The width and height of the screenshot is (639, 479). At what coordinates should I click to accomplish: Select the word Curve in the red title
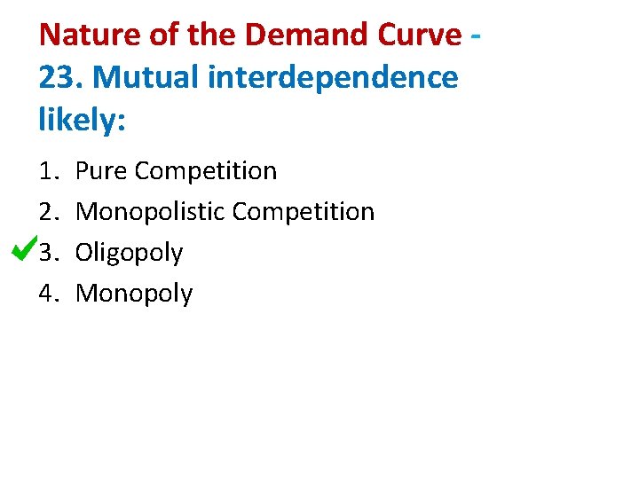[417, 35]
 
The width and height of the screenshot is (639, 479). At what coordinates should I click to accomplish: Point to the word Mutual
[144, 78]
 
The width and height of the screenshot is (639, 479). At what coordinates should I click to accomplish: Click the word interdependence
[333, 78]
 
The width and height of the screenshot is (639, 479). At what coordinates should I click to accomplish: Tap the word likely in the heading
[81, 120]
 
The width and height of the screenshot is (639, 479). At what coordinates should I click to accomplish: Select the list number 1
[48, 171]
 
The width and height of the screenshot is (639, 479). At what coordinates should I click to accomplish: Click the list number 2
[48, 212]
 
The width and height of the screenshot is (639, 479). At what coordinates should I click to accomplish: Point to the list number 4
[48, 294]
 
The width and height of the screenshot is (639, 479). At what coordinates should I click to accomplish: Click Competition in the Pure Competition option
[206, 171]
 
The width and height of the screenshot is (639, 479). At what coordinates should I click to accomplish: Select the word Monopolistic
[150, 212]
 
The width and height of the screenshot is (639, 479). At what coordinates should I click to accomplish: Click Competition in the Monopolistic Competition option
[304, 212]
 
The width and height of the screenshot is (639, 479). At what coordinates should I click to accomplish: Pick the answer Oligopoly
[129, 254]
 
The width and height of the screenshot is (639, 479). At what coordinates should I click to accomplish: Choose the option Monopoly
[134, 294]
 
